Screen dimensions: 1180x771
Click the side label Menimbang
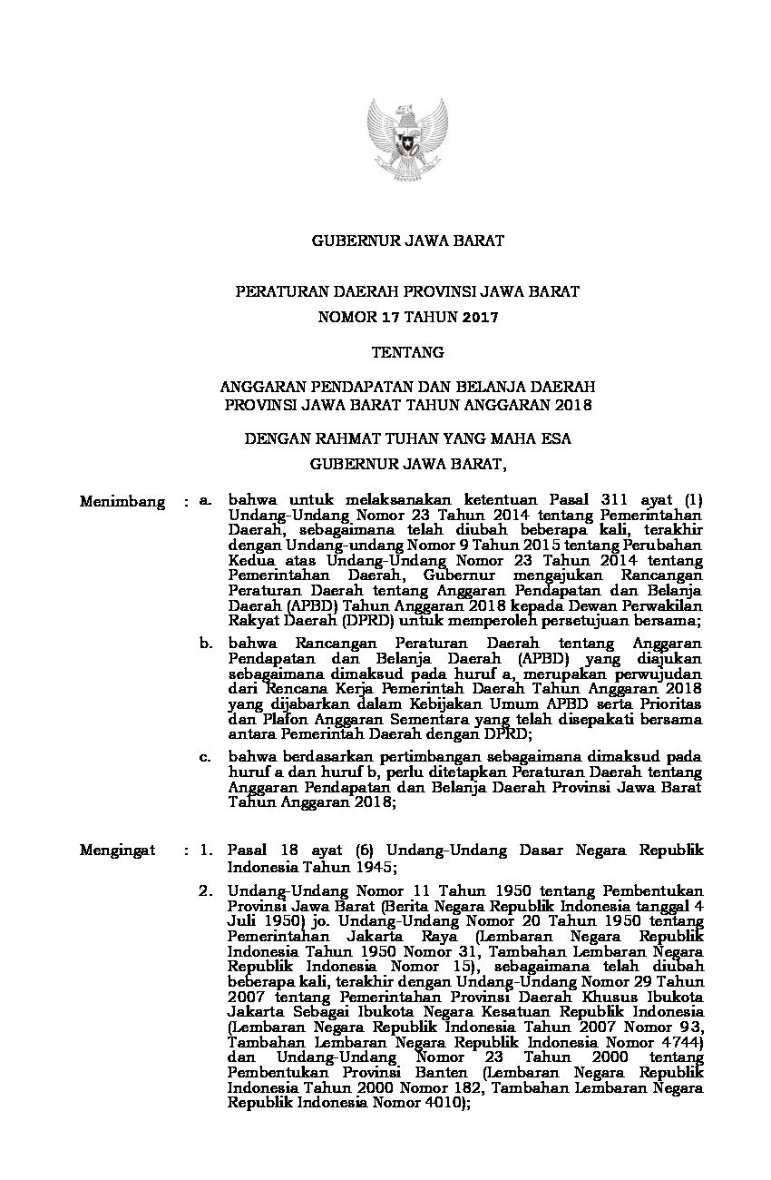pyautogui.click(x=122, y=501)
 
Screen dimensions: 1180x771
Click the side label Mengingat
pyautogui.click(x=117, y=851)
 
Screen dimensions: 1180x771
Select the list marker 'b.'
pyautogui.click(x=206, y=643)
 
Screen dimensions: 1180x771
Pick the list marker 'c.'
pyautogui.click(x=206, y=755)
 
